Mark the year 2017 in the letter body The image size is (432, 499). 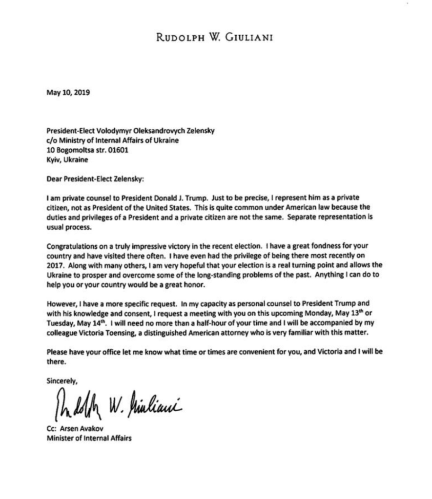point(55,266)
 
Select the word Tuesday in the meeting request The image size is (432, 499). point(62,325)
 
